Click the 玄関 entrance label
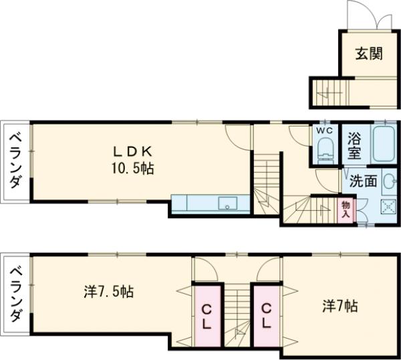[x=369, y=54]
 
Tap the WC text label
[x=325, y=130]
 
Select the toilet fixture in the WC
[x=326, y=151]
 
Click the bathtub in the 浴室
[x=384, y=144]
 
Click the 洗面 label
[x=363, y=181]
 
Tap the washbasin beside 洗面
[x=389, y=181]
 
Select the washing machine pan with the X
[x=388, y=206]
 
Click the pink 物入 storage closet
[x=346, y=209]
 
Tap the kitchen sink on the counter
[x=228, y=203]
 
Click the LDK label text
[x=133, y=152]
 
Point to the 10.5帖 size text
[x=133, y=169]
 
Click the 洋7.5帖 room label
[x=109, y=292]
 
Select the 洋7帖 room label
[x=340, y=306]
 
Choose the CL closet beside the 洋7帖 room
[x=267, y=317]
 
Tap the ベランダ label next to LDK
[x=15, y=161]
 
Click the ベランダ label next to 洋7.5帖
[x=15, y=294]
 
